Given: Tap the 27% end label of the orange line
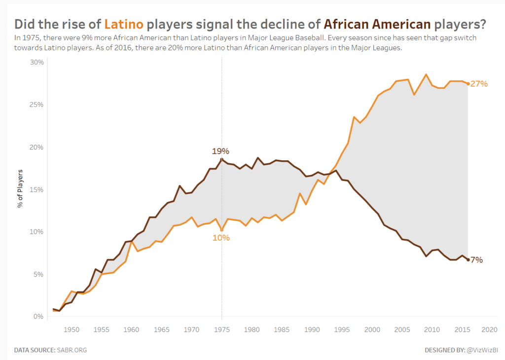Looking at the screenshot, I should [479, 84].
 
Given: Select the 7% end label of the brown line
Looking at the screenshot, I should [476, 260].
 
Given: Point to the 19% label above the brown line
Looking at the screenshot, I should [220, 151].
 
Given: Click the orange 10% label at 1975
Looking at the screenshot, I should [221, 238].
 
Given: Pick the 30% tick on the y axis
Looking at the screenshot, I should [37, 63].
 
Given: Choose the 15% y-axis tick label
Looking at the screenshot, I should [37, 190].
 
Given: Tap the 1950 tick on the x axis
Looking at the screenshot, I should [72, 329].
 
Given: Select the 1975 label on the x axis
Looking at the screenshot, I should [221, 329].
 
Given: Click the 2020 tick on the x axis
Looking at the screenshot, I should [489, 329].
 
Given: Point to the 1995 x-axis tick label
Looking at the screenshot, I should [342, 329].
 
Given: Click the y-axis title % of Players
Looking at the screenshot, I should [20, 189].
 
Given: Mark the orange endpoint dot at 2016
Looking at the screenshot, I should [468, 84].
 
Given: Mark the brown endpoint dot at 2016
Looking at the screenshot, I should [468, 259].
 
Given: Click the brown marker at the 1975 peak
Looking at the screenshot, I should [221, 159].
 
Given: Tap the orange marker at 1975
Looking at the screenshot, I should [221, 230].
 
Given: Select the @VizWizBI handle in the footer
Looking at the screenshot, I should [482, 350].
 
